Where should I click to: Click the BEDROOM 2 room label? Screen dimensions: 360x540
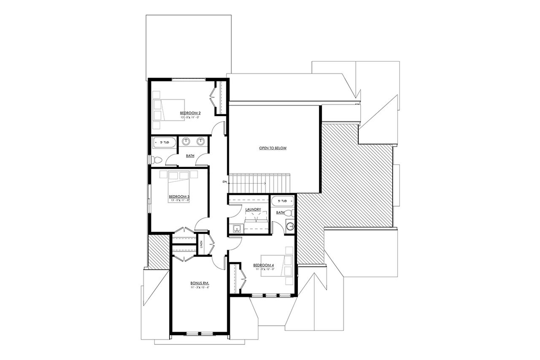pyautogui.click(x=190, y=113)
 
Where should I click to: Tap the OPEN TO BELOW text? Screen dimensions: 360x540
pyautogui.click(x=273, y=148)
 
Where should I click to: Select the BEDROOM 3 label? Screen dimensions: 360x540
pyautogui.click(x=179, y=197)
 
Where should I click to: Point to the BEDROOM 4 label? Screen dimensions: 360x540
pyautogui.click(x=264, y=265)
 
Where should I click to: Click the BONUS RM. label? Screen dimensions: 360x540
pyautogui.click(x=200, y=283)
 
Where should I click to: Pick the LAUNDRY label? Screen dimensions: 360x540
pyautogui.click(x=253, y=209)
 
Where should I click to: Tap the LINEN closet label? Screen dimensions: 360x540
pyautogui.click(x=202, y=245)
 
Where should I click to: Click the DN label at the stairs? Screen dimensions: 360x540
pyautogui.click(x=224, y=182)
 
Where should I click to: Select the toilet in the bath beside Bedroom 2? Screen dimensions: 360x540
pyautogui.click(x=156, y=160)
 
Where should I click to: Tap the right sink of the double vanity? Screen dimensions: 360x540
pyautogui.click(x=201, y=141)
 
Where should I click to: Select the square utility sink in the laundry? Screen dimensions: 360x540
pyautogui.click(x=236, y=229)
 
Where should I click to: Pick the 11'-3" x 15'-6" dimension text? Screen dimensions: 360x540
pyautogui.click(x=200, y=287)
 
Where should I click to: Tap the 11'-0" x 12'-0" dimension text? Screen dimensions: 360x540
pyautogui.click(x=264, y=269)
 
